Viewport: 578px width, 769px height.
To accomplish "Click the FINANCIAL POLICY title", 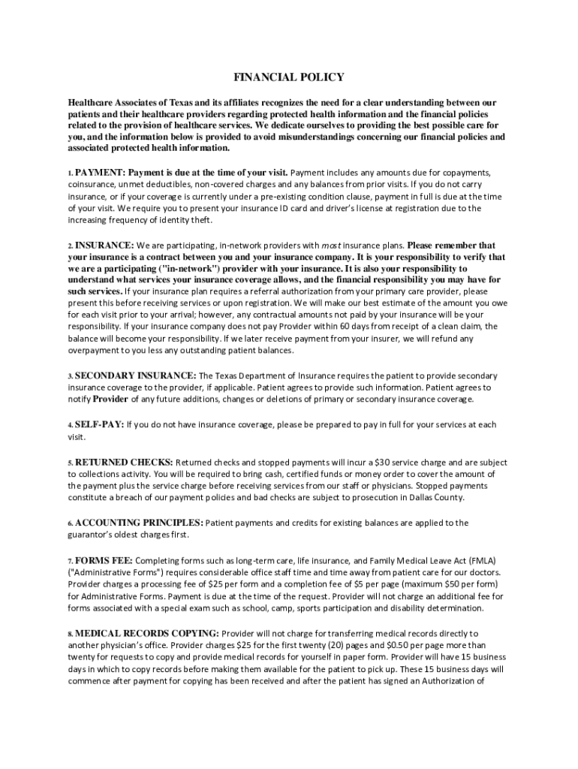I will [x=289, y=77].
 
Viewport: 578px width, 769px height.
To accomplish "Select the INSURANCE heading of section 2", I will [x=104, y=245].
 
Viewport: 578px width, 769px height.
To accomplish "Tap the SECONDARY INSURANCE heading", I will [x=134, y=375].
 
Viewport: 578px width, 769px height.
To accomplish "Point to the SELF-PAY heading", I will [x=98, y=424].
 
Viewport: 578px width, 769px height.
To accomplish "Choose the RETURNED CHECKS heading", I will [x=123, y=461].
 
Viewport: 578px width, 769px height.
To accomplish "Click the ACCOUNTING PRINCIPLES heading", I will [x=138, y=522].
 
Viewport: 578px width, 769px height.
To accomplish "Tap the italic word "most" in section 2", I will [x=332, y=246].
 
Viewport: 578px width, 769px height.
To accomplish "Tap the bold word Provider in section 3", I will [x=110, y=400].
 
